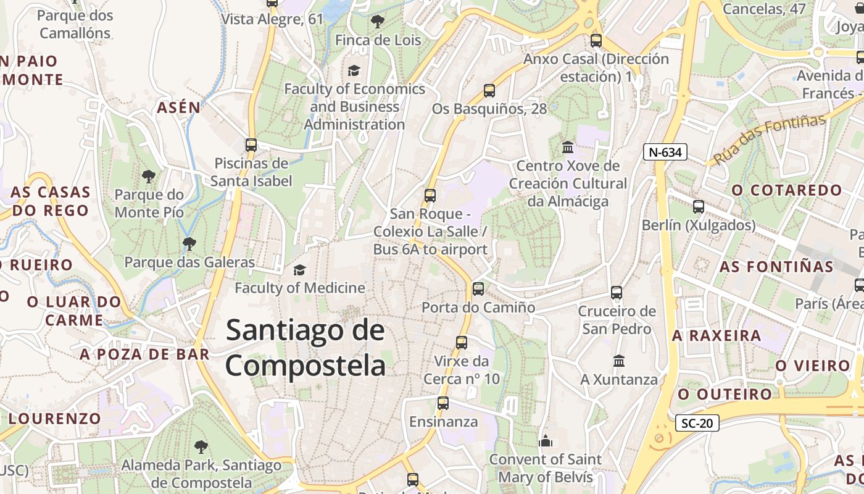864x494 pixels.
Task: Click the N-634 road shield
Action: (665, 152)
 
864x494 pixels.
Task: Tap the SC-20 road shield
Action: (697, 423)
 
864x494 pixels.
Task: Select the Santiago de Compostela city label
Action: (305, 348)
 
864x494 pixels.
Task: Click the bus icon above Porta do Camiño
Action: (478, 288)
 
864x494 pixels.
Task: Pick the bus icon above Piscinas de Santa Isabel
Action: (251, 145)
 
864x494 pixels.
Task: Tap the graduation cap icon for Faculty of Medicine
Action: (299, 270)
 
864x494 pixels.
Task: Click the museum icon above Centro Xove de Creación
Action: (568, 148)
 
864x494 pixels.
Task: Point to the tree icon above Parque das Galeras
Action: (189, 244)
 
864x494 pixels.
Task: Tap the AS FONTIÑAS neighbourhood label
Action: (776, 267)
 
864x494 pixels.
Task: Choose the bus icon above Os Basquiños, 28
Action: (489, 91)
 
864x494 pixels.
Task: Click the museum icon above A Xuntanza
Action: (619, 361)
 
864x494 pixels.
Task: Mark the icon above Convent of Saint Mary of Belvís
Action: (545, 441)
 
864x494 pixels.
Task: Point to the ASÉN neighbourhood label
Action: (179, 108)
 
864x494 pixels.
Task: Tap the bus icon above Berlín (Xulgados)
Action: (699, 207)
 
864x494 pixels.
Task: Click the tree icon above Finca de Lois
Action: (377, 22)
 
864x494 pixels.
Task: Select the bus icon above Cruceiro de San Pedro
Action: (617, 293)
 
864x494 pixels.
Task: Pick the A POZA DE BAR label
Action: (144, 354)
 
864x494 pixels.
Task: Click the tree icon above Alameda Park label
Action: (201, 446)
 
